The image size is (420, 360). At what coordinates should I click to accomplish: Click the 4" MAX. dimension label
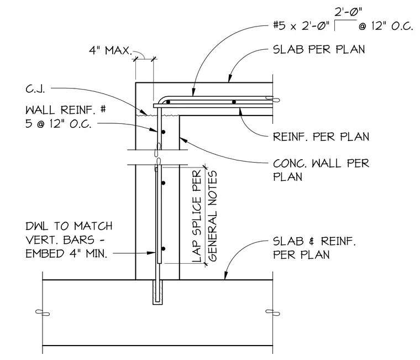pyautogui.click(x=111, y=50)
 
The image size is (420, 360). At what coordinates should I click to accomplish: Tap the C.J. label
pyautogui.click(x=35, y=88)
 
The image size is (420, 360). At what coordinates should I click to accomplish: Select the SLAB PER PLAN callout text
pyautogui.click(x=319, y=50)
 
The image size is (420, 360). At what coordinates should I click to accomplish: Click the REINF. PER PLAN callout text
pyautogui.click(x=321, y=137)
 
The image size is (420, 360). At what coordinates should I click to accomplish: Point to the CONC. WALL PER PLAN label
pyautogui.click(x=321, y=170)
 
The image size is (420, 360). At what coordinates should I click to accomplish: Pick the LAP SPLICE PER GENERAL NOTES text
pyautogui.click(x=204, y=216)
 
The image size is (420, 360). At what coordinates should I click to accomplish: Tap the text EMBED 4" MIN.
pyautogui.click(x=66, y=253)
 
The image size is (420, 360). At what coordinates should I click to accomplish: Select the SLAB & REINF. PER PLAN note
pyautogui.click(x=314, y=248)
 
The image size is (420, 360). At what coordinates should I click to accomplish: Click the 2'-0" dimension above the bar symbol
pyautogui.click(x=348, y=12)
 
